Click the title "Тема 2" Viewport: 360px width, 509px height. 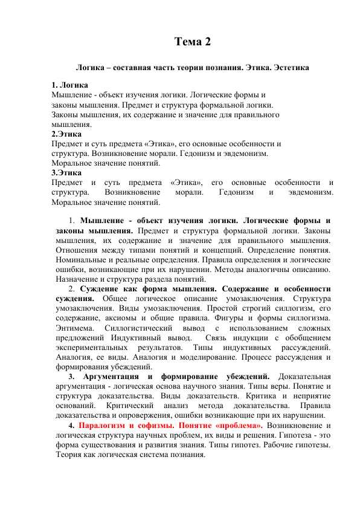click(193, 42)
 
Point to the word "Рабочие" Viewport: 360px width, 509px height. click(278, 444)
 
